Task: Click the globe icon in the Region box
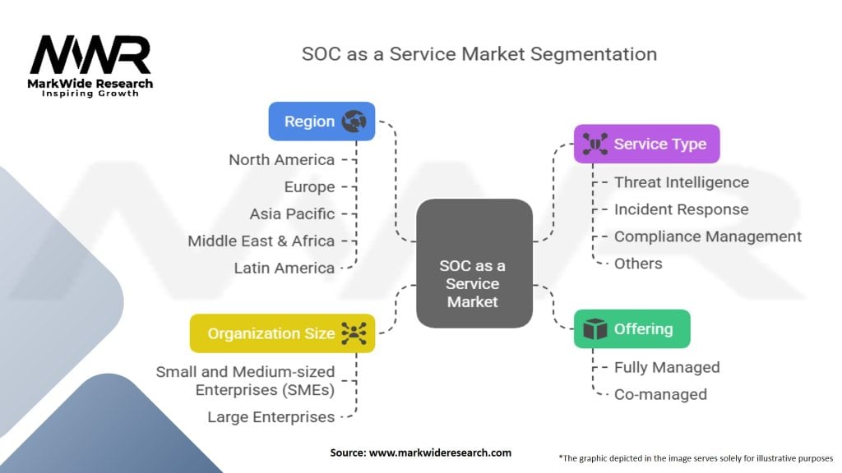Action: pyautogui.click(x=354, y=122)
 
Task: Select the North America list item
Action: pyautogui.click(x=281, y=160)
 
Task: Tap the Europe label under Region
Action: pyautogui.click(x=309, y=186)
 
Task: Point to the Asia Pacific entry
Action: pyautogui.click(x=292, y=214)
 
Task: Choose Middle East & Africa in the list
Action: pyautogui.click(x=261, y=241)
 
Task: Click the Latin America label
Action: pyautogui.click(x=284, y=268)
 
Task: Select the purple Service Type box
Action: pyautogui.click(x=646, y=144)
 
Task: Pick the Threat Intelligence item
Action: pyautogui.click(x=682, y=182)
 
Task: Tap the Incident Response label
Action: pyautogui.click(x=682, y=209)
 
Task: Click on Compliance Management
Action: pyautogui.click(x=708, y=236)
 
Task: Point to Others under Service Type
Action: pyautogui.click(x=638, y=264)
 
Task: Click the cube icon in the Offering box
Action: pyautogui.click(x=594, y=328)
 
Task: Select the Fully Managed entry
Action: pyautogui.click(x=667, y=367)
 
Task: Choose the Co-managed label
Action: pyautogui.click(x=660, y=394)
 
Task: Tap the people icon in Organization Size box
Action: pyautogui.click(x=354, y=333)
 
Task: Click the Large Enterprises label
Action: pyautogui.click(x=271, y=416)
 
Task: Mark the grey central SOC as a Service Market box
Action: pyautogui.click(x=474, y=264)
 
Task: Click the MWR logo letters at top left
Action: pyautogui.click(x=90, y=55)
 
